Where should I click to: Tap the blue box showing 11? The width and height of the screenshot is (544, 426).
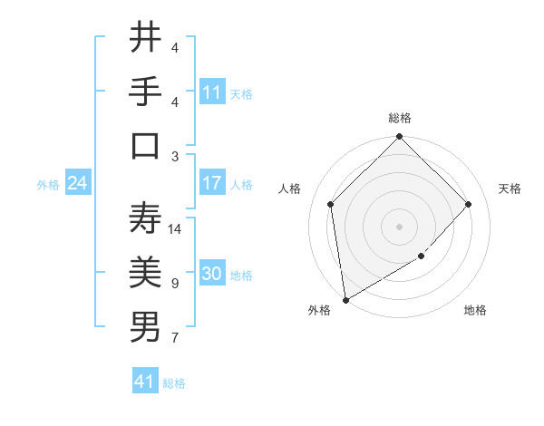[212, 92]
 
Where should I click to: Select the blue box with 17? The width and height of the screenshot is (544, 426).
[212, 183]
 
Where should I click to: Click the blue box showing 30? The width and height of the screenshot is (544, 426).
[212, 275]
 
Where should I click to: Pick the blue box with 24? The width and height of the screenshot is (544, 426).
[77, 183]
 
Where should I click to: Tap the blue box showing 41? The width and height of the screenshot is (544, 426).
[145, 382]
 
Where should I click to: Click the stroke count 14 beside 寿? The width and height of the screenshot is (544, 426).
[176, 229]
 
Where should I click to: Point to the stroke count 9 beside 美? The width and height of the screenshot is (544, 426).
[174, 284]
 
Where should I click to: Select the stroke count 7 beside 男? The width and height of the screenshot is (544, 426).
[174, 338]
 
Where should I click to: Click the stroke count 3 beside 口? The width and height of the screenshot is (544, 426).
[174, 156]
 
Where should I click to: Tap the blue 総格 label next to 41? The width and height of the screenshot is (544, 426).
[174, 383]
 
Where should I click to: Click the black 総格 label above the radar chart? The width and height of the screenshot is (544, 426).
[400, 118]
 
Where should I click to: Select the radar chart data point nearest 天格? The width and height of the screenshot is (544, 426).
[469, 204]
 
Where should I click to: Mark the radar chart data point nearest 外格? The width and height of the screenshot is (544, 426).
[345, 300]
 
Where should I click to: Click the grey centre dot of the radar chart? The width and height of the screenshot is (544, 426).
[399, 226]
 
